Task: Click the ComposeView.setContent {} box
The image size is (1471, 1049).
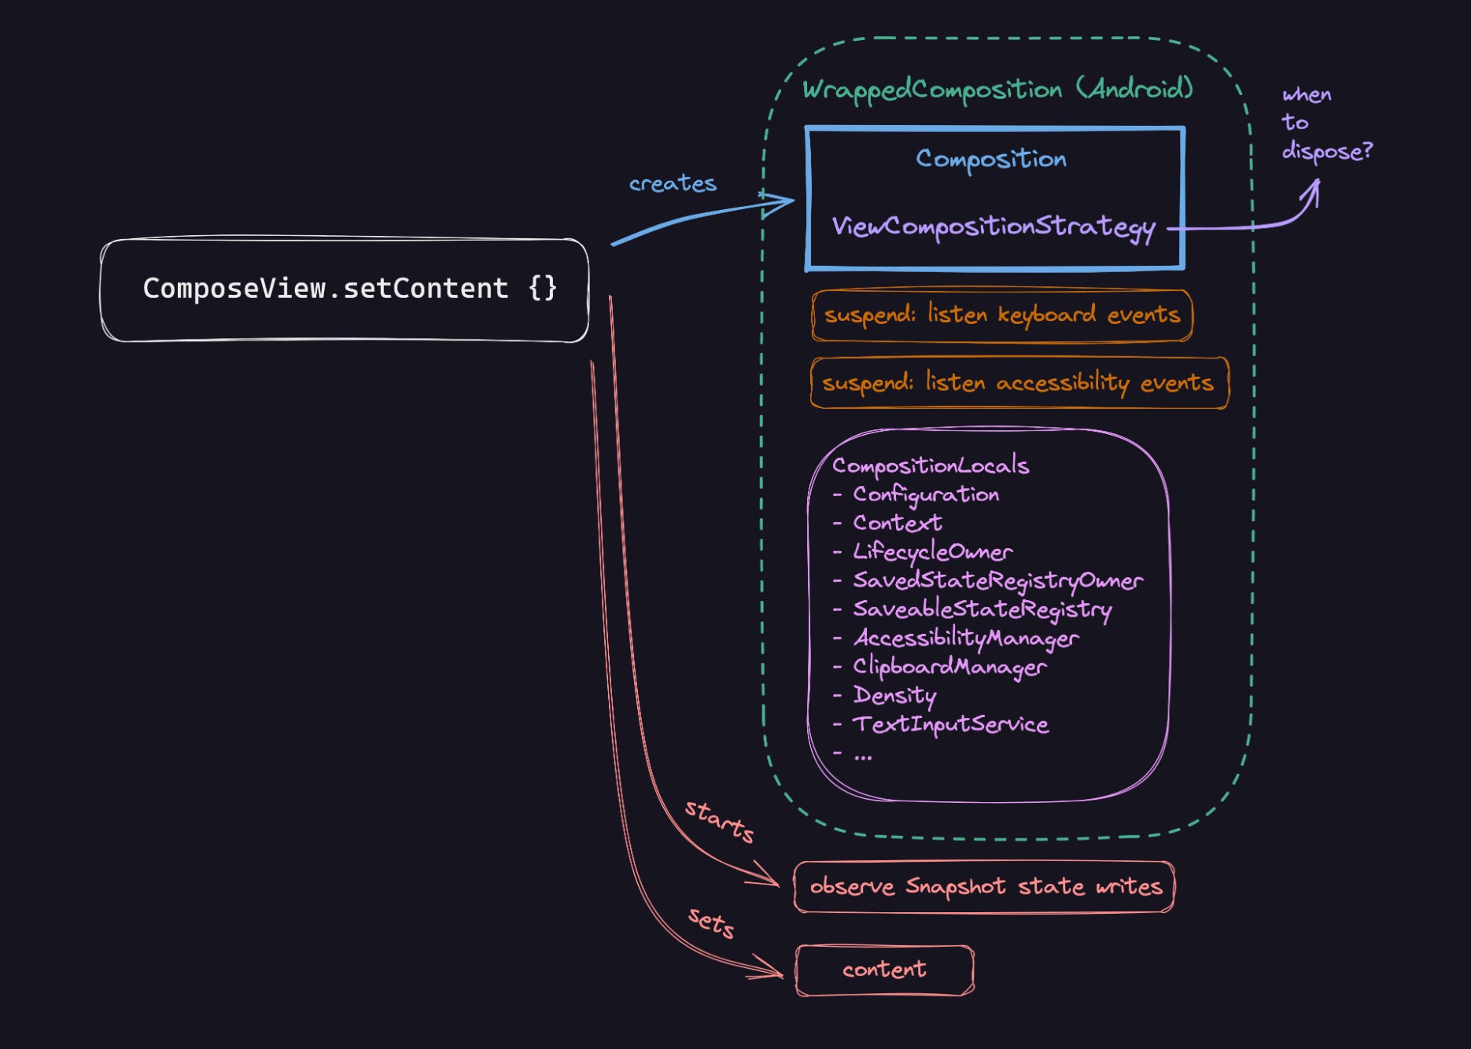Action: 345,289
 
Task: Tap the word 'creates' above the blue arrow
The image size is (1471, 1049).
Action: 673,184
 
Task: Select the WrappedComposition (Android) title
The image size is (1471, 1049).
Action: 997,90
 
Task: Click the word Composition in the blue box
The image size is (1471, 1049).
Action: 991,159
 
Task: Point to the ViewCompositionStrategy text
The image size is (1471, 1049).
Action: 994,227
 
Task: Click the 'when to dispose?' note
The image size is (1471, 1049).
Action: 1325,123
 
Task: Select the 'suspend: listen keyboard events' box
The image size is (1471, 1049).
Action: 1001,315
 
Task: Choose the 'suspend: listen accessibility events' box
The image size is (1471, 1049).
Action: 1018,383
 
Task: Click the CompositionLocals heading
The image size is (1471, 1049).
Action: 930,466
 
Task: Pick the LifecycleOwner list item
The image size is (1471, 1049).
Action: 932,552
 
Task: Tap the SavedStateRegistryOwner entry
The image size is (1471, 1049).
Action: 997,581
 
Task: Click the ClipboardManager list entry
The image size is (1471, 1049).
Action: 949,667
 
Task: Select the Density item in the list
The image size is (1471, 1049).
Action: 894,696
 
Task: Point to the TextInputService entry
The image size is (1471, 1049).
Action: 950,724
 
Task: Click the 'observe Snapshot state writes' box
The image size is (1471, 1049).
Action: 985,887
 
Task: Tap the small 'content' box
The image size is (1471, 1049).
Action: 884,970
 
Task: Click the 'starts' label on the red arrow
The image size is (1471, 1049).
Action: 719,821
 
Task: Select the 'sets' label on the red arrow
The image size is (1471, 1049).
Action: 711,922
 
